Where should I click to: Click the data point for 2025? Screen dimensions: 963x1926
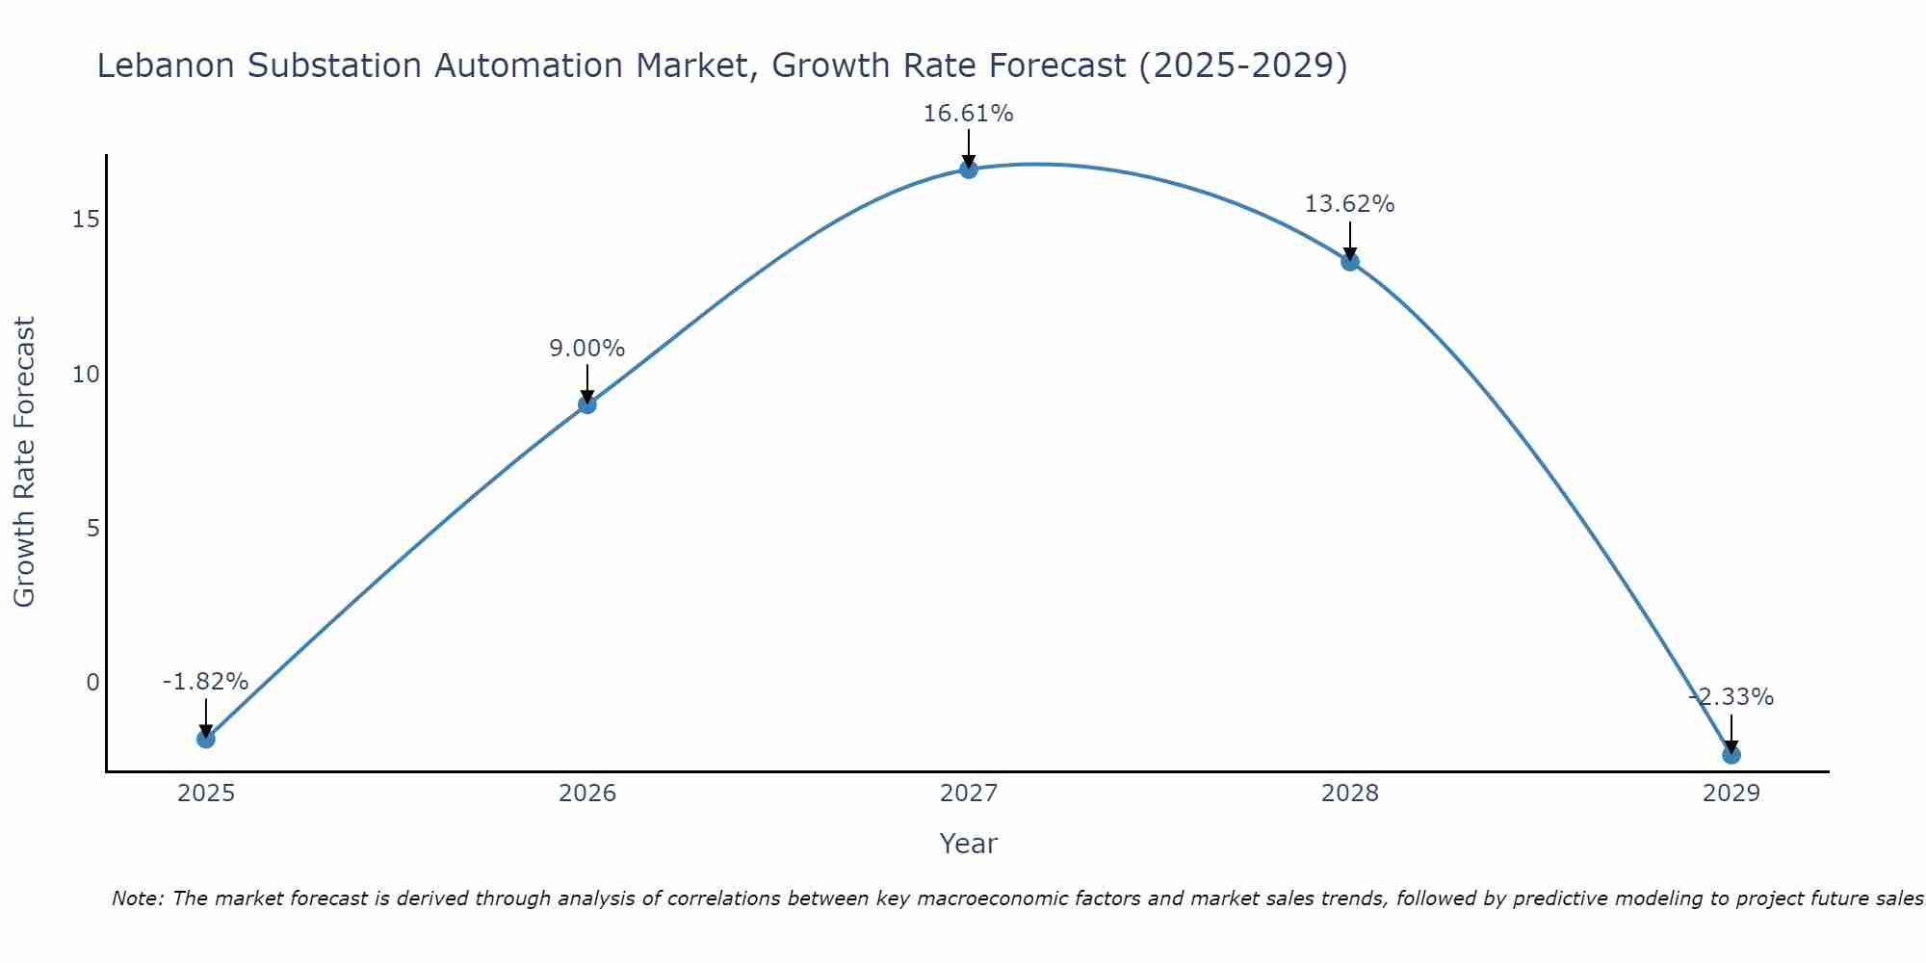[x=206, y=739]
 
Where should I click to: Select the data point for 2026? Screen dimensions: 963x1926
[x=587, y=404]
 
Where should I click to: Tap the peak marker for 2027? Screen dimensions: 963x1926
[x=969, y=169]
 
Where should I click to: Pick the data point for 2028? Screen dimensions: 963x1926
[x=1350, y=261]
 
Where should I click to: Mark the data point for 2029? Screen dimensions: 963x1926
[x=1731, y=755]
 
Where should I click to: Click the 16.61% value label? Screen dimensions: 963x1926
[x=968, y=114]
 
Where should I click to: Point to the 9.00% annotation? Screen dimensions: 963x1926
[x=587, y=349]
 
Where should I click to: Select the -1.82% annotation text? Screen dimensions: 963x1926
[x=205, y=682]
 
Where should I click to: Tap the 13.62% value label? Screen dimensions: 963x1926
[x=1349, y=204]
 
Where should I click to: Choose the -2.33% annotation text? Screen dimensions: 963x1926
[x=1731, y=697]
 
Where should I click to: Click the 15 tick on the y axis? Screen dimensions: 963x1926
[x=86, y=220]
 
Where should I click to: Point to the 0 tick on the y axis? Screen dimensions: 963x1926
[x=92, y=683]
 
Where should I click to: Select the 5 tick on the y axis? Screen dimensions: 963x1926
[x=92, y=529]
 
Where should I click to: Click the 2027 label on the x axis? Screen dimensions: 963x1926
[x=969, y=794]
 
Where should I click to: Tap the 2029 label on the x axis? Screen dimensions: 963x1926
[x=1731, y=794]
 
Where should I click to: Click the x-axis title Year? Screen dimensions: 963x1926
[x=968, y=844]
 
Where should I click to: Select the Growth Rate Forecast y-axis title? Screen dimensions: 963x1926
[x=24, y=462]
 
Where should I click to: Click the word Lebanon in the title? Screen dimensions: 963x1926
[x=165, y=65]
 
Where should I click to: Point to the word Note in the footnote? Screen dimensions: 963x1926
[x=137, y=898]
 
